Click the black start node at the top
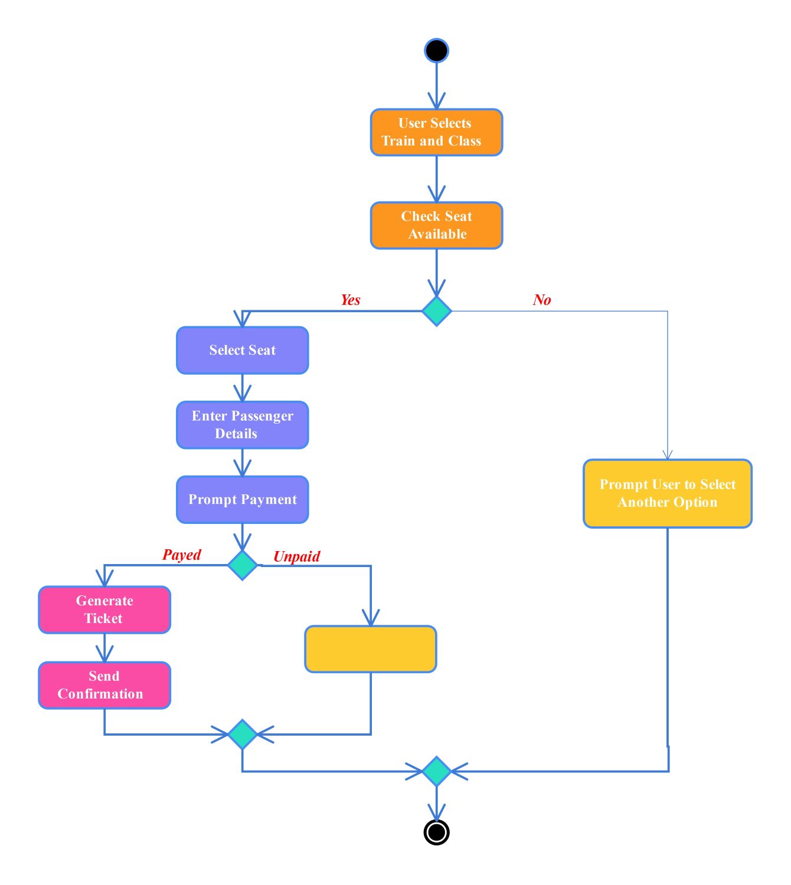(x=436, y=51)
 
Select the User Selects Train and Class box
(x=436, y=132)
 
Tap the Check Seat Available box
(x=436, y=225)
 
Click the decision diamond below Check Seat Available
(x=437, y=311)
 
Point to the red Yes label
(x=350, y=300)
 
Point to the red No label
(x=541, y=300)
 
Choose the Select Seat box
(x=242, y=350)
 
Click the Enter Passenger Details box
(x=242, y=425)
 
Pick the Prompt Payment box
(x=242, y=500)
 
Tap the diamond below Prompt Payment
(x=242, y=565)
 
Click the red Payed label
(x=182, y=555)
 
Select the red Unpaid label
(x=296, y=556)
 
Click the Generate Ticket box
(x=104, y=609)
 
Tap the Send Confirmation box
(x=104, y=685)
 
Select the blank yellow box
(x=371, y=649)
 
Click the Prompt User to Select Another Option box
(x=668, y=493)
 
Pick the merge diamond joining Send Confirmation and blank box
(x=242, y=735)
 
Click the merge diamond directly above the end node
(x=437, y=771)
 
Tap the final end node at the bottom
(x=437, y=832)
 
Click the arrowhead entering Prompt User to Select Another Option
(x=668, y=454)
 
